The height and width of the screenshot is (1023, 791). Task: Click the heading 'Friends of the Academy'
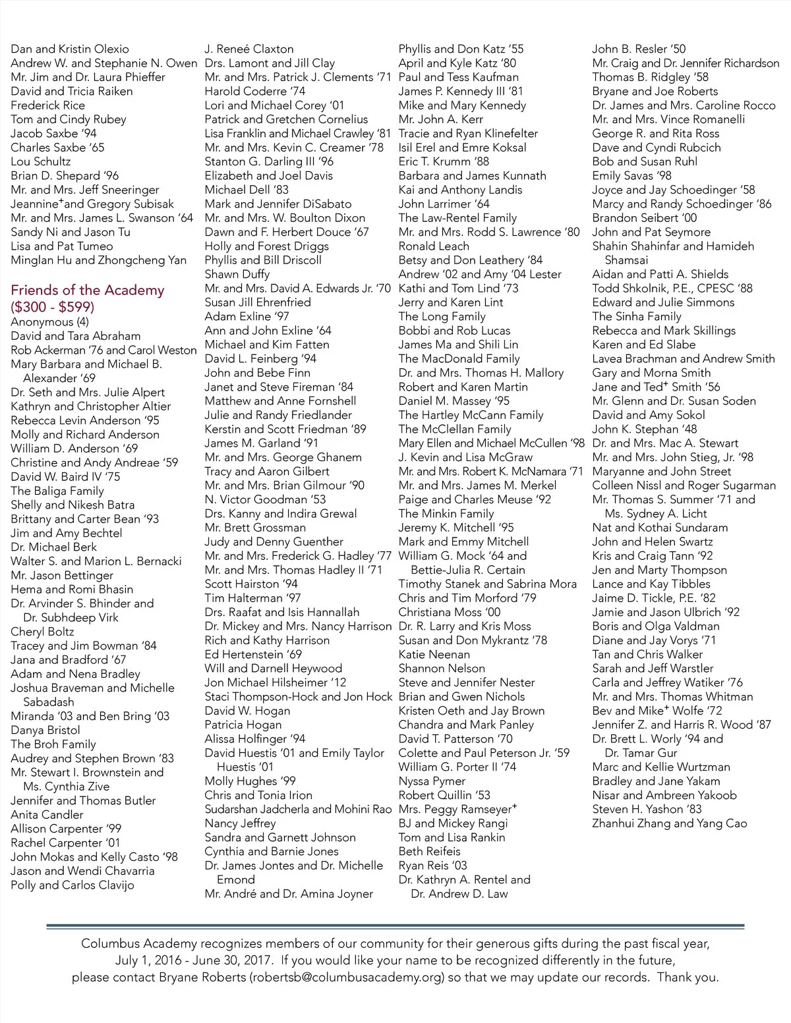pos(87,290)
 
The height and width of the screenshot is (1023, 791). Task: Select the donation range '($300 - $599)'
pos(53,307)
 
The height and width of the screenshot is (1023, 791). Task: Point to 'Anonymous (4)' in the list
pos(49,322)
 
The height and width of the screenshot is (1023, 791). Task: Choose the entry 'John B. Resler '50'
pos(638,49)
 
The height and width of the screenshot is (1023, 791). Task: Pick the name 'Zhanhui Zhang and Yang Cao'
pos(669,823)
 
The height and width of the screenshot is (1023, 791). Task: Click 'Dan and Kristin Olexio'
pos(70,49)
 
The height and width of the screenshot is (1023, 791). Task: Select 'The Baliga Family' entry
pos(57,491)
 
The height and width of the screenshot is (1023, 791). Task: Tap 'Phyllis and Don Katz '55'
pos(461,49)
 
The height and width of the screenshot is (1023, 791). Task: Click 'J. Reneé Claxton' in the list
pos(249,49)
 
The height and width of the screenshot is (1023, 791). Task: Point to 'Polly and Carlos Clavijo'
pos(73,885)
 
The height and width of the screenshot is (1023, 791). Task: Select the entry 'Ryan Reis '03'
pos(432,866)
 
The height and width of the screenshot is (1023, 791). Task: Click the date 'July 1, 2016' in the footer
pos(148,960)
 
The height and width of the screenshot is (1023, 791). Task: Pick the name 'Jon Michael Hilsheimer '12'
pos(275,682)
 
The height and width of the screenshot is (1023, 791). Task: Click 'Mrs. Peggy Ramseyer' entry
pos(457,810)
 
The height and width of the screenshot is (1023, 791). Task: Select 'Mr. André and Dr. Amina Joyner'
pos(289,894)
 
